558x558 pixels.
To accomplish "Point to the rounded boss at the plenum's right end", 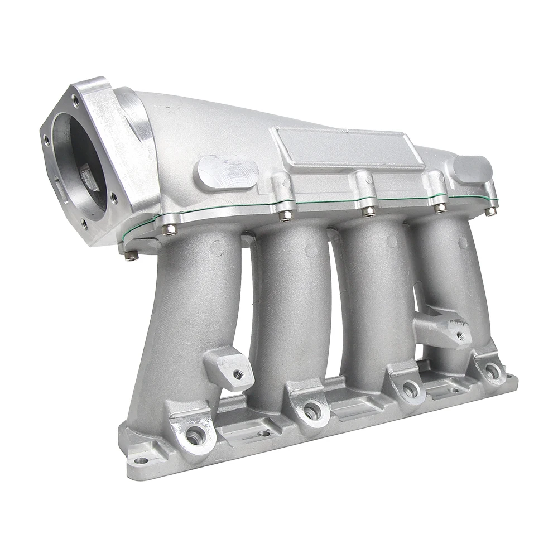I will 472,168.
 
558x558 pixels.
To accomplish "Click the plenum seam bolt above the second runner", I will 285,215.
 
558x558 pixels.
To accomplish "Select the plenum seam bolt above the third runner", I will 368,211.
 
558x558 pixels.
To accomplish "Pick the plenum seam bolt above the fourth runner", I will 440,208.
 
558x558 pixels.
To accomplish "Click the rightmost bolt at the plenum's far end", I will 490,211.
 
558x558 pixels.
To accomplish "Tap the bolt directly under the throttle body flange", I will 131,255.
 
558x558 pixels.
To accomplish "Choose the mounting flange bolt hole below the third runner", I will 410,389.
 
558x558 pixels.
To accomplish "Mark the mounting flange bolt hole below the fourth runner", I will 491,370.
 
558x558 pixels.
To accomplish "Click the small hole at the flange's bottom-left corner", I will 139,461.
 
